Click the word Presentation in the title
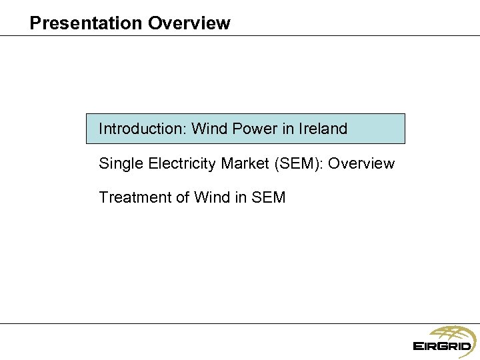pos(86,23)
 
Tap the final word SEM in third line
pos(269,197)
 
